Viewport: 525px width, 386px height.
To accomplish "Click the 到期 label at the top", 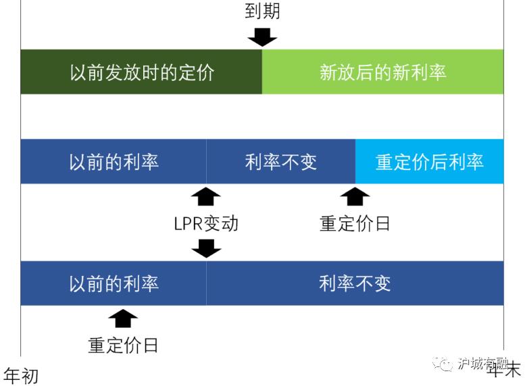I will click(x=261, y=11).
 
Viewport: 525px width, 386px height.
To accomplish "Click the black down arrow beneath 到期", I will click(x=262, y=36).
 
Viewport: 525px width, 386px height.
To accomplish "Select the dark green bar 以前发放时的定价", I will click(x=141, y=72).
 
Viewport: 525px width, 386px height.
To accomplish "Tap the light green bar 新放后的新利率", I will click(x=382, y=72).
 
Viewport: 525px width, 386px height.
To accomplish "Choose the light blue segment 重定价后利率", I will click(x=429, y=162).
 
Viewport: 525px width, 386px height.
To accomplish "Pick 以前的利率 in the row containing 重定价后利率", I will click(x=114, y=162).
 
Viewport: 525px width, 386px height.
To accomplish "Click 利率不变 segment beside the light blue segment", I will click(x=280, y=162).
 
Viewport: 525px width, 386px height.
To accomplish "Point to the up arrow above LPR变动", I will click(x=206, y=196).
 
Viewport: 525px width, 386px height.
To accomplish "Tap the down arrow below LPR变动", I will click(x=206, y=248).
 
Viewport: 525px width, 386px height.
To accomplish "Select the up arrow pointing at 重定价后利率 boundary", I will click(x=355, y=196).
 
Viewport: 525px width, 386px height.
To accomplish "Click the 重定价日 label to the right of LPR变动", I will click(x=355, y=223).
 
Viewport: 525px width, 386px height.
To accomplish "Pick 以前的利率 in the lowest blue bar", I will click(x=114, y=283).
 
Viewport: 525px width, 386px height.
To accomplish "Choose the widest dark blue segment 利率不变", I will click(x=355, y=283).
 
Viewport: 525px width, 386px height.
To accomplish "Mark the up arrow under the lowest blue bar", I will click(x=122, y=318).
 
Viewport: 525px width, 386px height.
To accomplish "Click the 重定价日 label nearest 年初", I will click(x=123, y=345).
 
